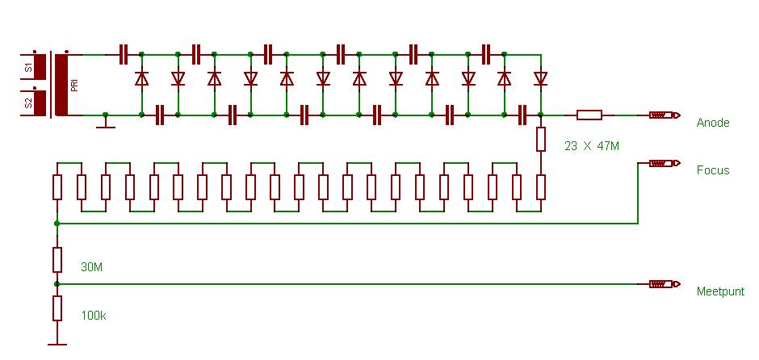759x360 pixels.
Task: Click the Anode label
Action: coord(713,123)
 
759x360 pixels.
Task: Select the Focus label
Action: coord(713,170)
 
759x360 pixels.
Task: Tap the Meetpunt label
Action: coord(720,291)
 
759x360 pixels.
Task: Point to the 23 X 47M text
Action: coord(593,146)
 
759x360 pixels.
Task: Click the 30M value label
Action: coord(92,267)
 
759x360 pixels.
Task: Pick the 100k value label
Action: coord(94,315)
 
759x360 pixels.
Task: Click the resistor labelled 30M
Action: coord(57,260)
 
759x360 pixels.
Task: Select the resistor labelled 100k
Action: coord(57,308)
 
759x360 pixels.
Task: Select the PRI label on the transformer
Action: coord(74,85)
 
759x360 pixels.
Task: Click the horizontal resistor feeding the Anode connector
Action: coord(589,115)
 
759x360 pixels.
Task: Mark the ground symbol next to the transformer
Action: coord(105,123)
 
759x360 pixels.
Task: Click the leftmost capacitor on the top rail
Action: coord(124,54)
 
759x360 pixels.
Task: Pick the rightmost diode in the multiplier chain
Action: coord(540,78)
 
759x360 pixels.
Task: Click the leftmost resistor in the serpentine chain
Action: coord(57,187)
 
